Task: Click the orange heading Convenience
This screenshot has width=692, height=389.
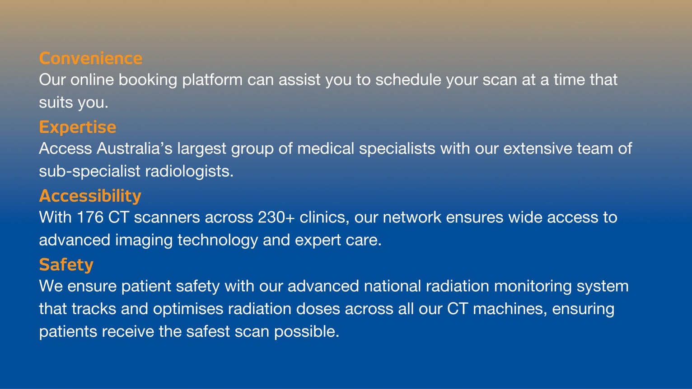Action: (x=90, y=58)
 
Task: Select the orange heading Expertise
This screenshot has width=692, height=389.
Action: (x=77, y=127)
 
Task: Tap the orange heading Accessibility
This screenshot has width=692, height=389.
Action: (x=90, y=196)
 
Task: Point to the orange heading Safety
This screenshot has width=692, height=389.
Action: (x=66, y=264)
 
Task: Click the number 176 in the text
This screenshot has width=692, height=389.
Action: (x=90, y=218)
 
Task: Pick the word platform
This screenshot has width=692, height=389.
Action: (x=212, y=80)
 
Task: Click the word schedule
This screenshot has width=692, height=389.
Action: (x=408, y=80)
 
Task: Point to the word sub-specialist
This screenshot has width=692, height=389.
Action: (x=89, y=171)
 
